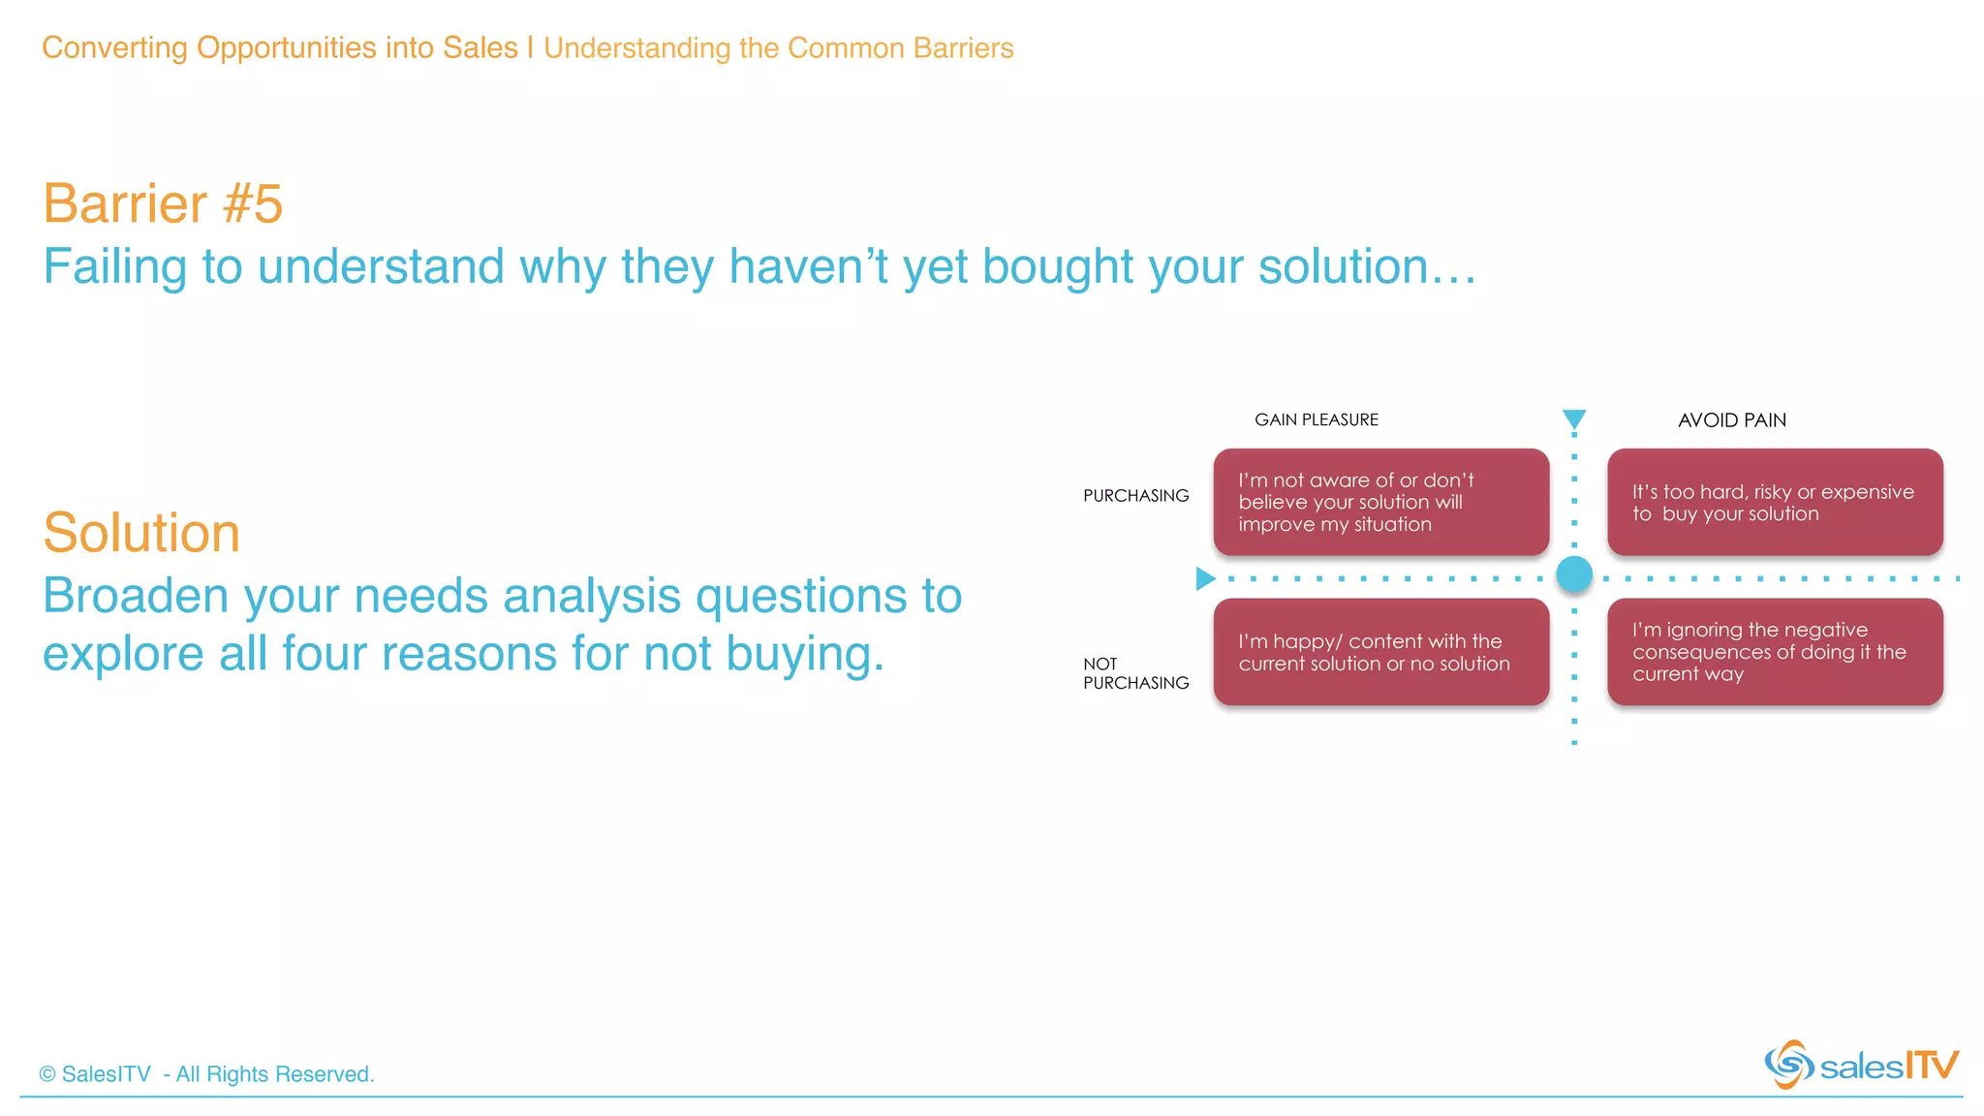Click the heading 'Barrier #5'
click(x=163, y=203)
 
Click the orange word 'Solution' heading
click(x=141, y=533)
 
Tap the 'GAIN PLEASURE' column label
click(x=1316, y=419)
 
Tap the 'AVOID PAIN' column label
click(x=1731, y=420)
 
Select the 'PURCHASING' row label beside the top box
click(x=1135, y=496)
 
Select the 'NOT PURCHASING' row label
click(x=1135, y=673)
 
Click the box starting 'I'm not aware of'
click(x=1380, y=502)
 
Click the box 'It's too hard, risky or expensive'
click(x=1775, y=502)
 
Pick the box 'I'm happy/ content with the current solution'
click(x=1380, y=652)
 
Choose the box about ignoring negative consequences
click(x=1775, y=652)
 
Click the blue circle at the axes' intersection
click(x=1574, y=574)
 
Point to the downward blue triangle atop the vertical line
click(x=1574, y=418)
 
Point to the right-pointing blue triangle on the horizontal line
click(x=1204, y=578)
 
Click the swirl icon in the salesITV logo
click(x=1788, y=1065)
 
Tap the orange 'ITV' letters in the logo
click(x=1932, y=1066)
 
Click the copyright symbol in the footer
click(x=47, y=1074)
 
